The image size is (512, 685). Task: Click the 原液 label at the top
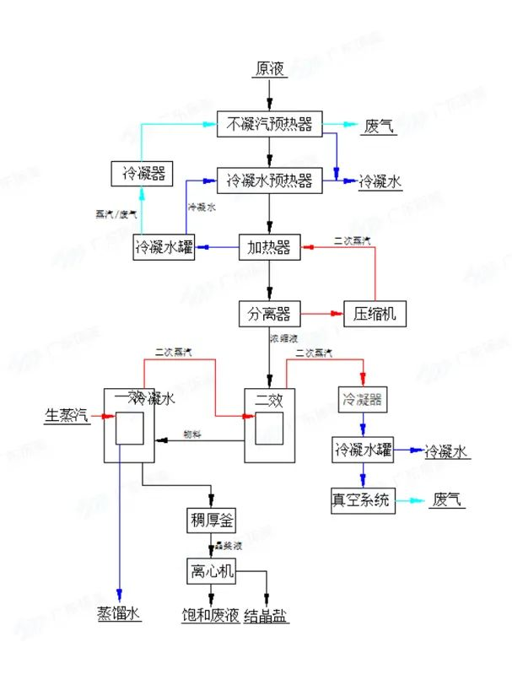[x=269, y=69]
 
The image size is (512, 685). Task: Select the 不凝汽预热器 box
[x=269, y=125]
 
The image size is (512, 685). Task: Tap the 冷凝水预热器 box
[x=269, y=181]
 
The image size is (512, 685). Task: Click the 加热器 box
[x=269, y=247]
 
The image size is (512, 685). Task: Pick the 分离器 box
[x=269, y=315]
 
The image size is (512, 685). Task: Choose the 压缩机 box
[x=375, y=315]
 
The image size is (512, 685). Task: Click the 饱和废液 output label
[x=211, y=613]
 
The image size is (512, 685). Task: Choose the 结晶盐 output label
[x=267, y=613]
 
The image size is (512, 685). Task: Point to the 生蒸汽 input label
[x=66, y=415]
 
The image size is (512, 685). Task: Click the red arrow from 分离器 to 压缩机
[x=321, y=315]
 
